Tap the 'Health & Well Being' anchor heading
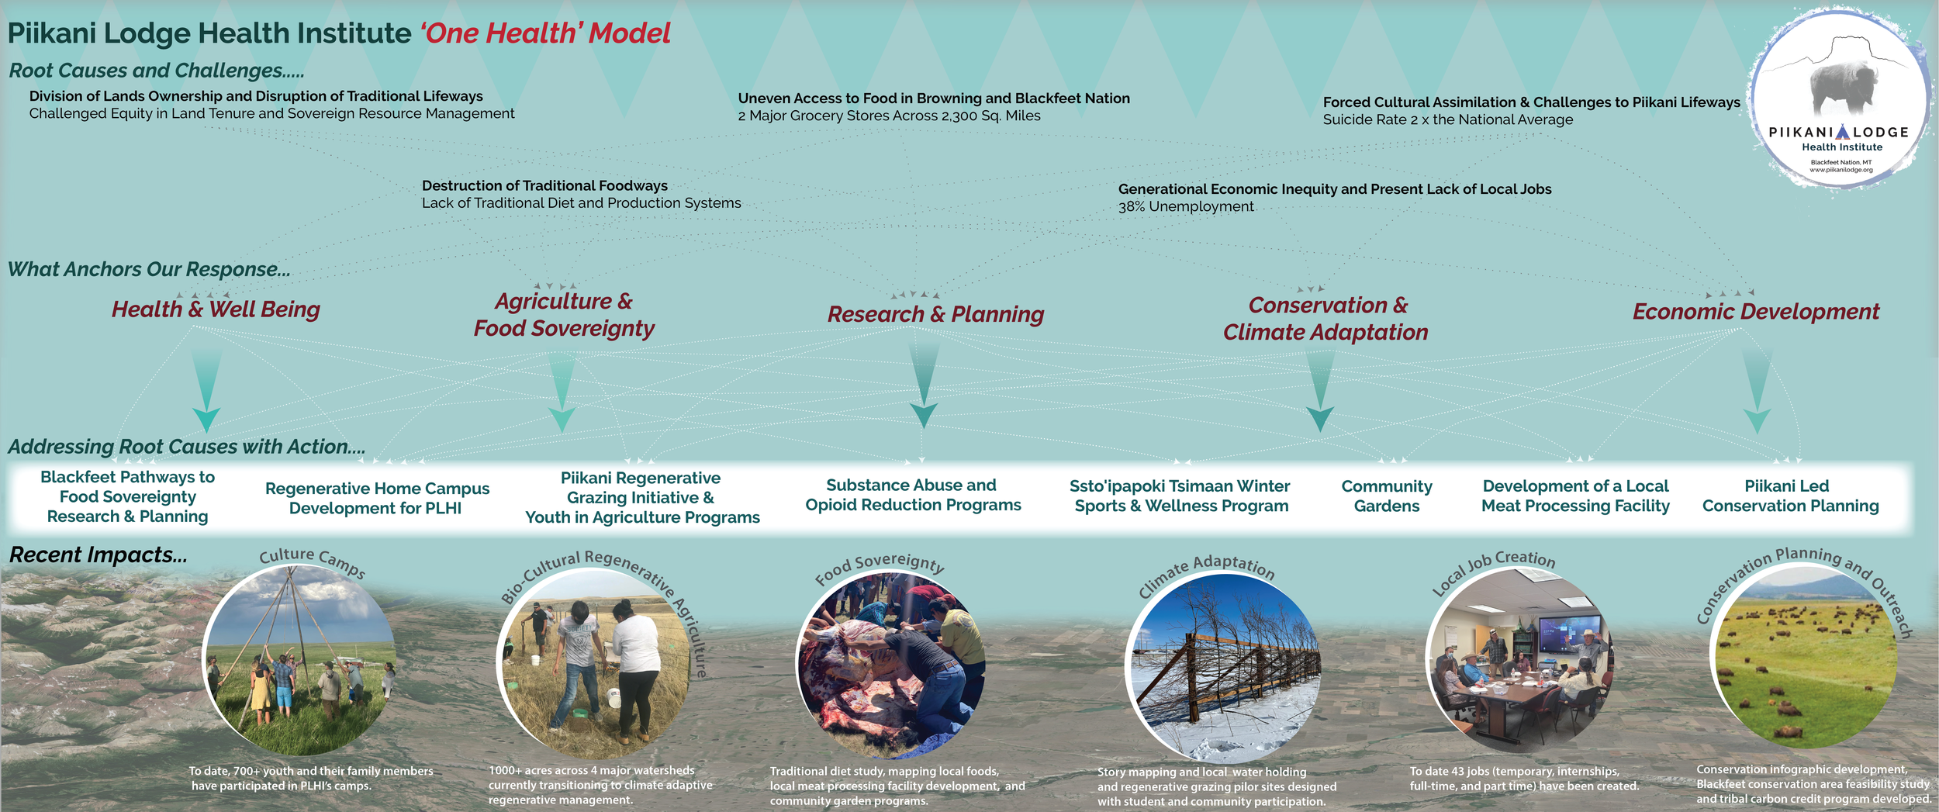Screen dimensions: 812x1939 [216, 309]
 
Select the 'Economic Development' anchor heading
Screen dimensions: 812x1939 [1755, 312]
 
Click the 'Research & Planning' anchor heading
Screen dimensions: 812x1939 [935, 314]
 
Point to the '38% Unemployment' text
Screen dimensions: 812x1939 [1185, 206]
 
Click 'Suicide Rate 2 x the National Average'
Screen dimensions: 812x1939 [1447, 119]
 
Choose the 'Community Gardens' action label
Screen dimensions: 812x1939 [1387, 496]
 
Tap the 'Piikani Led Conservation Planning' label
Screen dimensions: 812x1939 [1790, 496]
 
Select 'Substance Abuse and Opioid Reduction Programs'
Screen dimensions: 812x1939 [913, 495]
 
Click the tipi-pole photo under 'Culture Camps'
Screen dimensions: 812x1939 [299, 659]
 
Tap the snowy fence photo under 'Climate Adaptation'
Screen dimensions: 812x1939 [1224, 667]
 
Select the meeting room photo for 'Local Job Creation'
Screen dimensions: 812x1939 [1520, 659]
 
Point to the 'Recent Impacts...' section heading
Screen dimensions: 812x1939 [98, 555]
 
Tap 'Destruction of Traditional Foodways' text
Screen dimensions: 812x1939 [544, 185]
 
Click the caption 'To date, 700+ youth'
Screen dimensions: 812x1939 [311, 771]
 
